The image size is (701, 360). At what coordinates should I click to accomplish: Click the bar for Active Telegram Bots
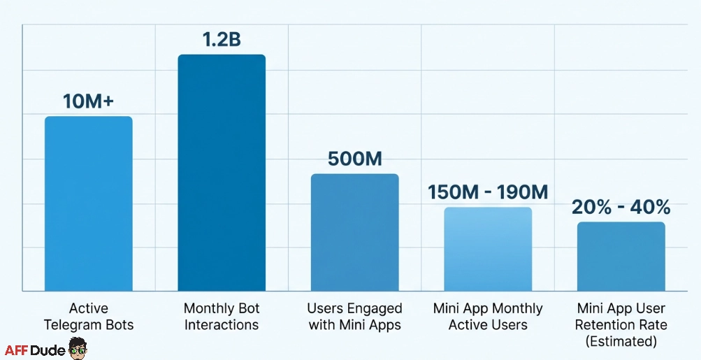click(88, 203)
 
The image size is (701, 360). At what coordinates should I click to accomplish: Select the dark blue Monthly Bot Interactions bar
click(222, 173)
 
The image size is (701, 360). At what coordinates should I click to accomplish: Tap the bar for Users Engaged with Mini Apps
click(354, 232)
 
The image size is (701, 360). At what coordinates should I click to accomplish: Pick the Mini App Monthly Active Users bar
click(488, 249)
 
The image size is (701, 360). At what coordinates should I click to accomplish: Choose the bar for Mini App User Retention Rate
click(621, 256)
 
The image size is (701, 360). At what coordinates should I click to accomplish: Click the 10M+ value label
click(88, 101)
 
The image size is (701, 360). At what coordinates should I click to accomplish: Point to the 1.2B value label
click(222, 39)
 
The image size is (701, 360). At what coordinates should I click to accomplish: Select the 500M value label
click(354, 159)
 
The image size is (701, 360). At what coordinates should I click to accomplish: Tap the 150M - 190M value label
click(488, 192)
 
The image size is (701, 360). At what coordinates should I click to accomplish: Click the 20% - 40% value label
click(621, 207)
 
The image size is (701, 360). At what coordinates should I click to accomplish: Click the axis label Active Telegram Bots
click(88, 317)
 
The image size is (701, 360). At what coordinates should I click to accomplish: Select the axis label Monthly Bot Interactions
click(222, 317)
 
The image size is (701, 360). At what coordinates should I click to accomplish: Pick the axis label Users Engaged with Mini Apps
click(354, 317)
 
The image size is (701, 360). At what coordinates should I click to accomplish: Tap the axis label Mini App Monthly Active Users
click(488, 317)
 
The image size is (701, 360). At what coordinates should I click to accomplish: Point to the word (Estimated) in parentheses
click(621, 342)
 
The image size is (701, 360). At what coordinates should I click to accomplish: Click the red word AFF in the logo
click(19, 350)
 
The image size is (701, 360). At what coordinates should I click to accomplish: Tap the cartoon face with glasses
click(78, 347)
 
